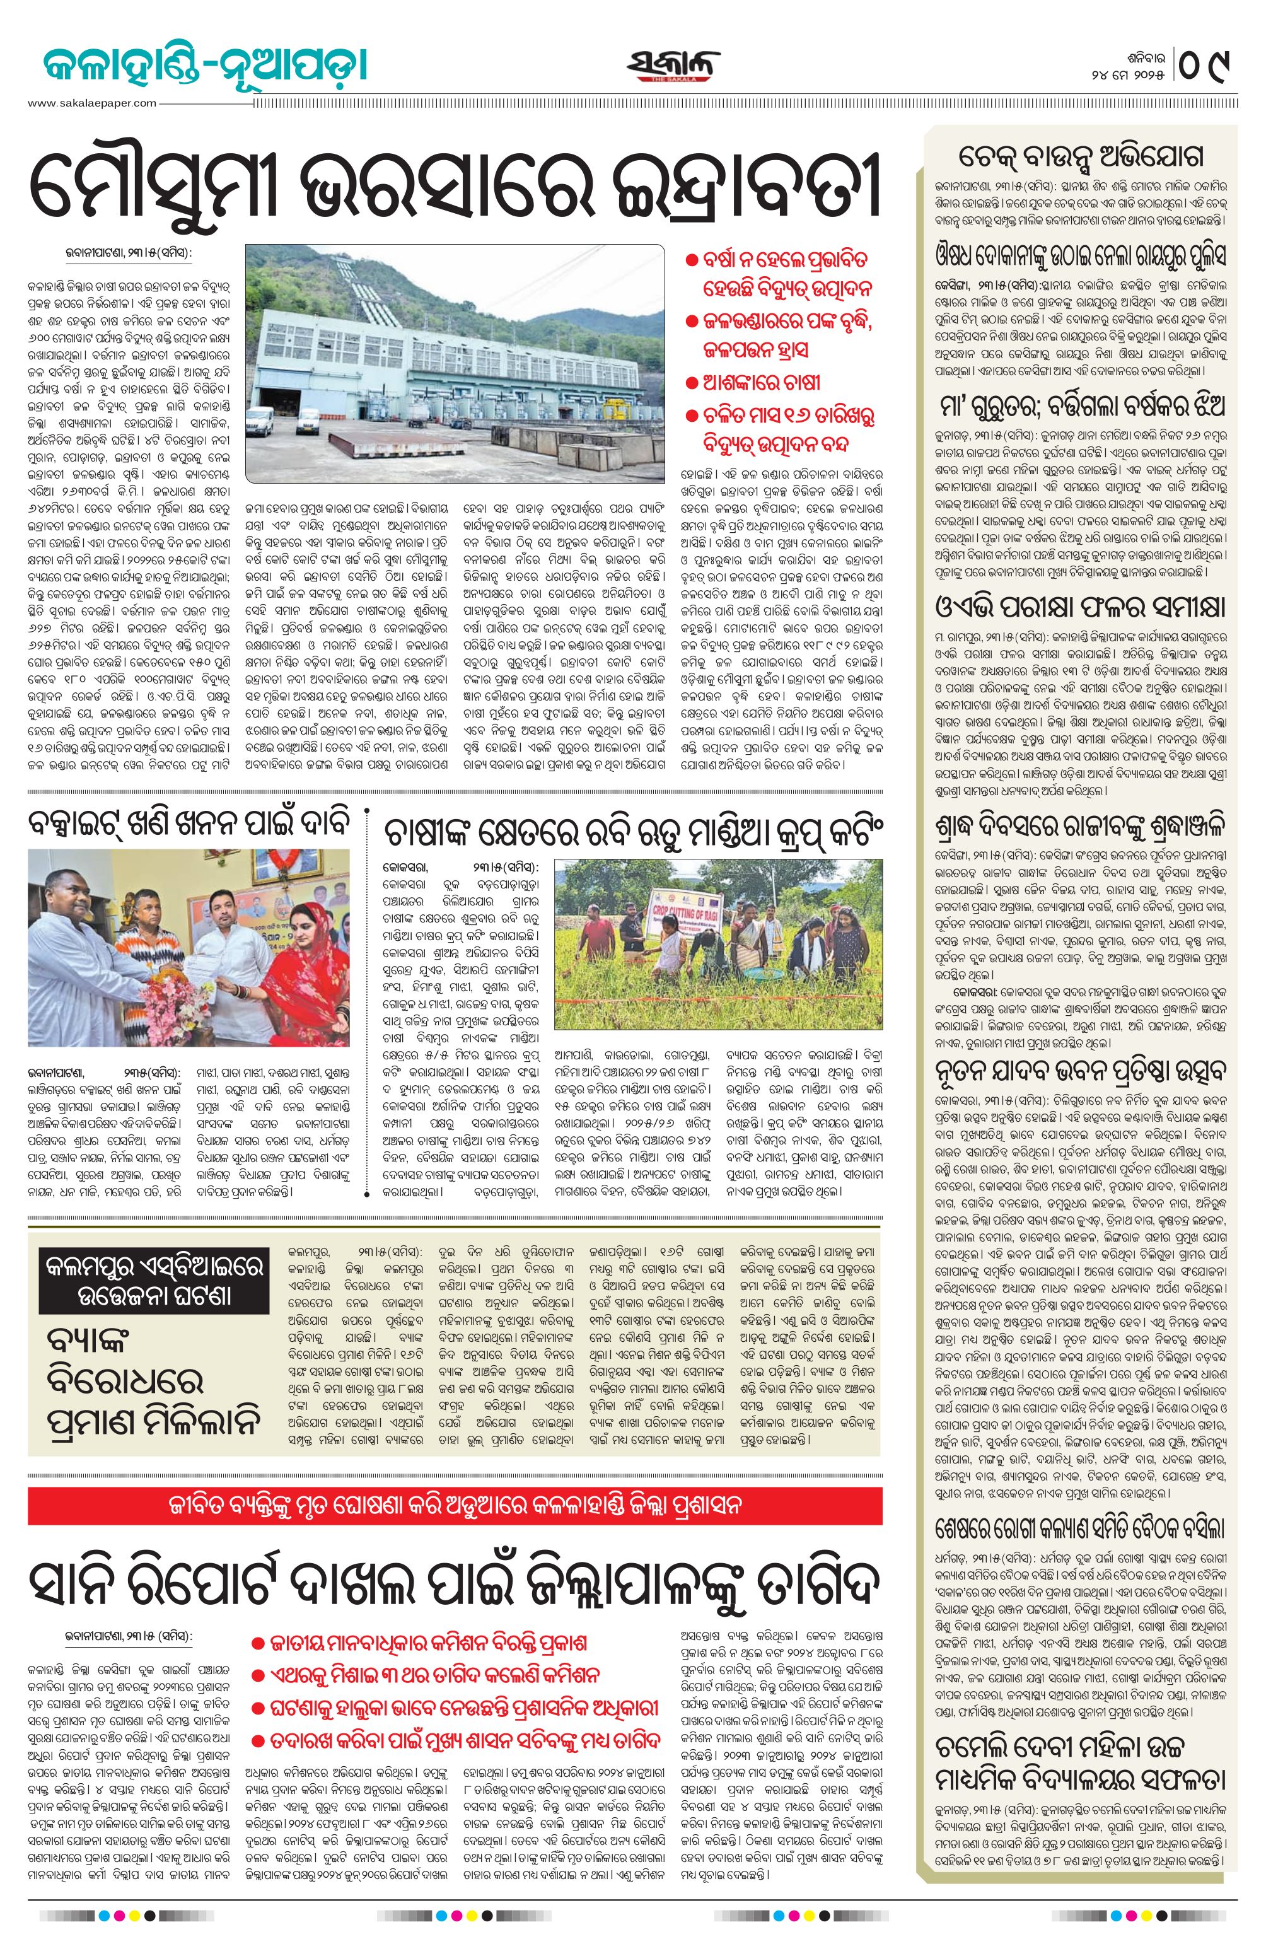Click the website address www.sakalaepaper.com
tap(91, 103)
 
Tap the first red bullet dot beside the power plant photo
tap(691, 260)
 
